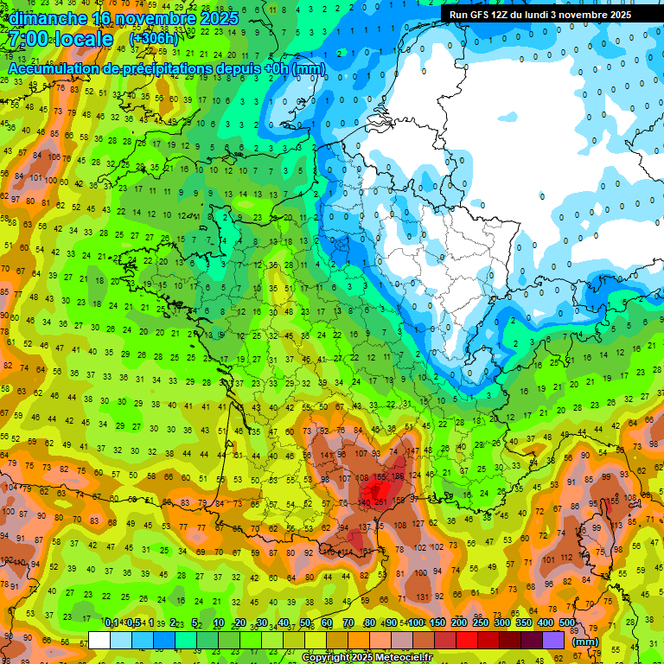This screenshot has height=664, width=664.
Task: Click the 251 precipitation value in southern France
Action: click(381, 501)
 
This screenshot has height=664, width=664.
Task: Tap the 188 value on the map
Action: click(398, 476)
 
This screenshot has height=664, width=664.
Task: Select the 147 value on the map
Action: click(415, 451)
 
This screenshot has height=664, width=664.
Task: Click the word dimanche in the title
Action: click(44, 17)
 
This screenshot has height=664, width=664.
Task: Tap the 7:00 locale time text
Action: click(60, 39)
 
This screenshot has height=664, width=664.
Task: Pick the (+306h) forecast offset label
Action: click(153, 39)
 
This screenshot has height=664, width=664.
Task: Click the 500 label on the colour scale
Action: click(567, 622)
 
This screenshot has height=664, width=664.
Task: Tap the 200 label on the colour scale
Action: click(459, 622)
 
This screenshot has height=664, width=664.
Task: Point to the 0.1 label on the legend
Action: click(112, 622)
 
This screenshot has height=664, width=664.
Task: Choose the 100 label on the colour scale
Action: click(415, 622)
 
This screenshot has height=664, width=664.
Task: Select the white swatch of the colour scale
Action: click(99, 640)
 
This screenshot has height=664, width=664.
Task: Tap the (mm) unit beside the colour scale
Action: click(586, 642)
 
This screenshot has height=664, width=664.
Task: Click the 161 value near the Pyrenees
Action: click(366, 551)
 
